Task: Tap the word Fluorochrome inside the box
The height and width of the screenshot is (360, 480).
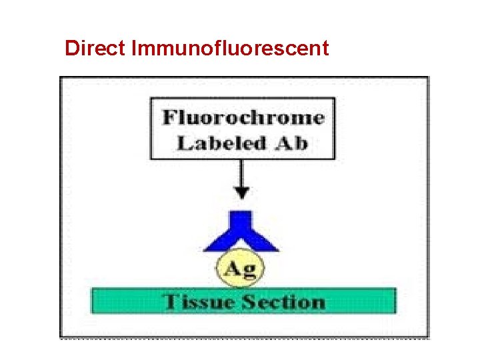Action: tap(243, 118)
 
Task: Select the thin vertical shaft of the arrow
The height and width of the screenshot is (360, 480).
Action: tap(243, 173)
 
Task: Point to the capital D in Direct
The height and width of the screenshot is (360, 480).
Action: tap(72, 48)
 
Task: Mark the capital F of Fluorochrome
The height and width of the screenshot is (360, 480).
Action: tap(170, 118)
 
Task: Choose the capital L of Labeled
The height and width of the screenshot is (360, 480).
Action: tap(184, 143)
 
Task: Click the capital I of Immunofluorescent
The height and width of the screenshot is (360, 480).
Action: tap(136, 48)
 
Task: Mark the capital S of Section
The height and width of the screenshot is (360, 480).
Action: tap(251, 301)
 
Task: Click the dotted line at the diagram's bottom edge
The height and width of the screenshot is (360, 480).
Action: tap(244, 338)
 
